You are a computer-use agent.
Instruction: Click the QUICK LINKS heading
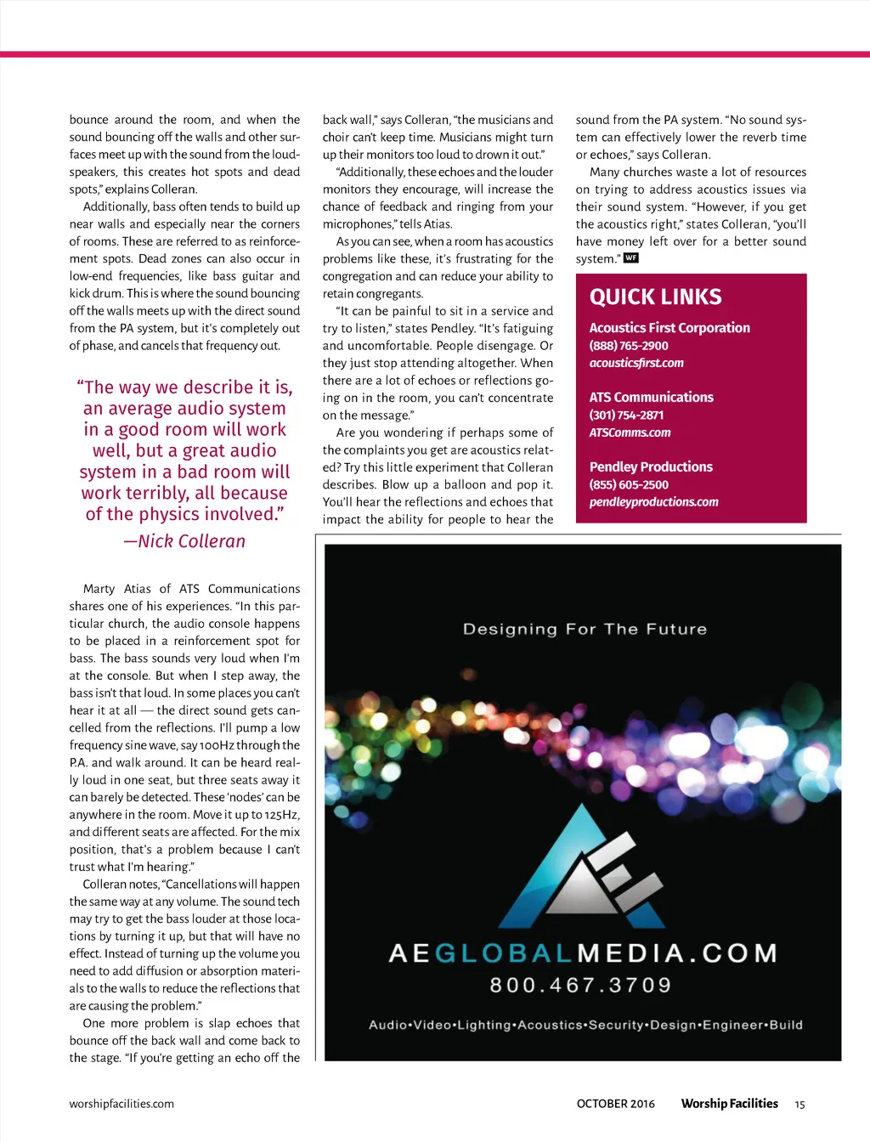pos(655,297)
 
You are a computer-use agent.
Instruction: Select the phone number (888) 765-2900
pos(629,346)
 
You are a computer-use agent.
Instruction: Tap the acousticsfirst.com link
pos(636,363)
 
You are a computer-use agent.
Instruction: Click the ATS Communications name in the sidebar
pos(651,397)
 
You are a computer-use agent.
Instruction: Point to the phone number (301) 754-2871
pos(626,415)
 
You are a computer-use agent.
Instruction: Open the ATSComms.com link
pos(630,432)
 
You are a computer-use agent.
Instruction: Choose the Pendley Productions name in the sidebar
pos(651,466)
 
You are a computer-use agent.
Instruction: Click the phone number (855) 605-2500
pos(629,484)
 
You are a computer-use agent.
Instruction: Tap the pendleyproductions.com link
pos(653,502)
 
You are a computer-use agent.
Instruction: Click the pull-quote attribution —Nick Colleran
pos(184,541)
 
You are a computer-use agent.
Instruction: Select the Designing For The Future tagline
pos(585,629)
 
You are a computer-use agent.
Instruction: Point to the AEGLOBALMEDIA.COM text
pos(583,953)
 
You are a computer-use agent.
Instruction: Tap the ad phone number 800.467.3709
pos(581,986)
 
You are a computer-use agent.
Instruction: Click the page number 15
pos(799,1105)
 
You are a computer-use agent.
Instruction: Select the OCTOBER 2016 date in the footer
pos(615,1104)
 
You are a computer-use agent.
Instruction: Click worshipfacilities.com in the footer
pos(121,1104)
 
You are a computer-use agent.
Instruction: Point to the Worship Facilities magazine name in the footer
pos(729,1104)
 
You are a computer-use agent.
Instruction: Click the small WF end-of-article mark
pos(630,258)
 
